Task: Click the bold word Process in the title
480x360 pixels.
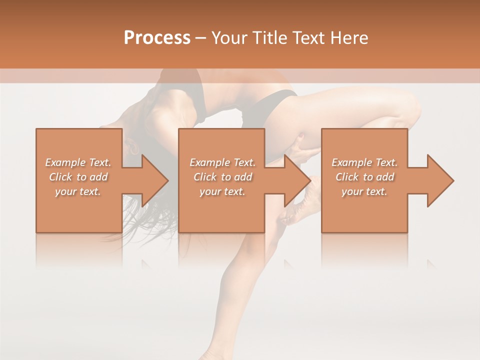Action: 157,38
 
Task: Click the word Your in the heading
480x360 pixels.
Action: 229,38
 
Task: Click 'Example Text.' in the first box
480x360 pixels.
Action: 78,162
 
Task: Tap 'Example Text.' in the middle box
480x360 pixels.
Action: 222,162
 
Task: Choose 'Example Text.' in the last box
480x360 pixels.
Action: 364,162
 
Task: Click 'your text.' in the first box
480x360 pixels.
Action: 78,191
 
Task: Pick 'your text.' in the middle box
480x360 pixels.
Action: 222,191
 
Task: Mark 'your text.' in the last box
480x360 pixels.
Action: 364,191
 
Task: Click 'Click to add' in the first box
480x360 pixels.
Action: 78,177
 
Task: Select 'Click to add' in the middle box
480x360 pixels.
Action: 222,177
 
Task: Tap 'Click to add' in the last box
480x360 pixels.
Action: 364,177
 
